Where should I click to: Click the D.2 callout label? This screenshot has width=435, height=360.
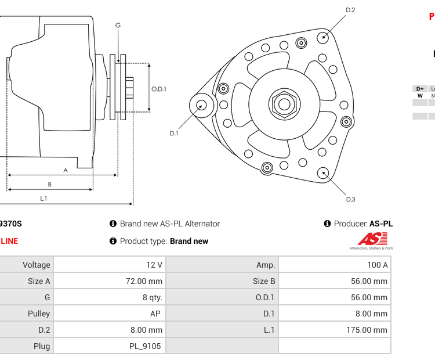(x=350, y=10)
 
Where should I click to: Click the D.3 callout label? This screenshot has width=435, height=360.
(x=350, y=200)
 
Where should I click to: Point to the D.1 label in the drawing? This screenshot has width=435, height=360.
(x=173, y=134)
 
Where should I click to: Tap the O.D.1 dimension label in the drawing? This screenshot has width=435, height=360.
(x=159, y=89)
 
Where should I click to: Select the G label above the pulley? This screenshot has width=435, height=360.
(x=118, y=25)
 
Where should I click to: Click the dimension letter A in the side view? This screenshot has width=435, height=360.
(x=66, y=170)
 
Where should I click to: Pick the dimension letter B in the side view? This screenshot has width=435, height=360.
(x=49, y=185)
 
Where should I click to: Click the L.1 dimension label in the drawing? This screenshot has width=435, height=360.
(x=43, y=199)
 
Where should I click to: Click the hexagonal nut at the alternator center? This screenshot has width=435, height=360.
(x=283, y=105)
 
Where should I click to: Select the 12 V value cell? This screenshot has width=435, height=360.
(x=154, y=265)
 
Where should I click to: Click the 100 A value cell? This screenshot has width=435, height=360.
(x=378, y=265)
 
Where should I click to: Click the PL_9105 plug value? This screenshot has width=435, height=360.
(x=145, y=346)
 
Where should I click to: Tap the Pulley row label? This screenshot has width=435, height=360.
(x=39, y=314)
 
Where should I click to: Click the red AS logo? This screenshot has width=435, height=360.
(x=372, y=239)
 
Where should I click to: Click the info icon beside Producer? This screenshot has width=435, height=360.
(x=327, y=224)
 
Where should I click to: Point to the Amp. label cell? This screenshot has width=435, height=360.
(x=266, y=265)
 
